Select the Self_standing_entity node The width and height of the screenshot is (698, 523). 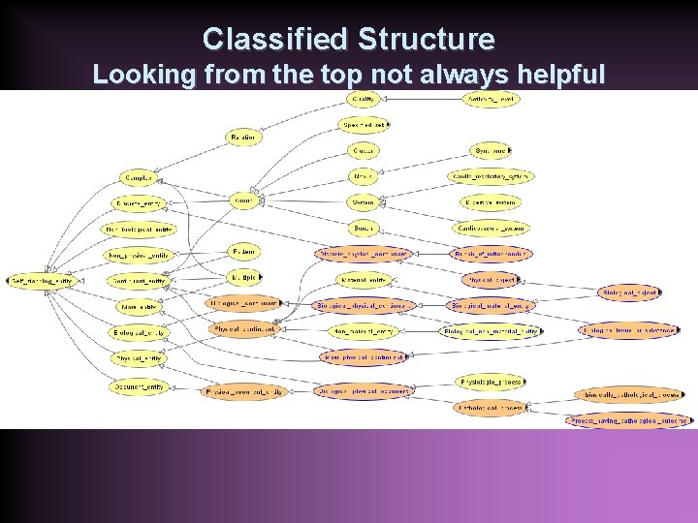point(43,281)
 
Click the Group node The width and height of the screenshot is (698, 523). point(242,201)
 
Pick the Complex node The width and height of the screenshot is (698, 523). point(138,178)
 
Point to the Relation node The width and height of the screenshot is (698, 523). point(242,138)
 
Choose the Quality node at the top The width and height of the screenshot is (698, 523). point(364,99)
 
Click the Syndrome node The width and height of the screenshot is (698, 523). point(490,151)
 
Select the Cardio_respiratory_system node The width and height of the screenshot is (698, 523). point(490,176)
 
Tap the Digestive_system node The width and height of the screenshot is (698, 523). point(490,202)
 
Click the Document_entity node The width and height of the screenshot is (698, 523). point(139,385)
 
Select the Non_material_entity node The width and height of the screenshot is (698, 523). point(363,330)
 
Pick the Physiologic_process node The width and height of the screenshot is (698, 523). point(490,383)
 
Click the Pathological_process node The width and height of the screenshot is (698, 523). point(490,408)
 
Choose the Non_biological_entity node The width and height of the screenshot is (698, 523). point(139,230)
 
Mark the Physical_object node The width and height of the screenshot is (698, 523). point(490,281)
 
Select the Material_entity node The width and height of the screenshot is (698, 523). point(139,307)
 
